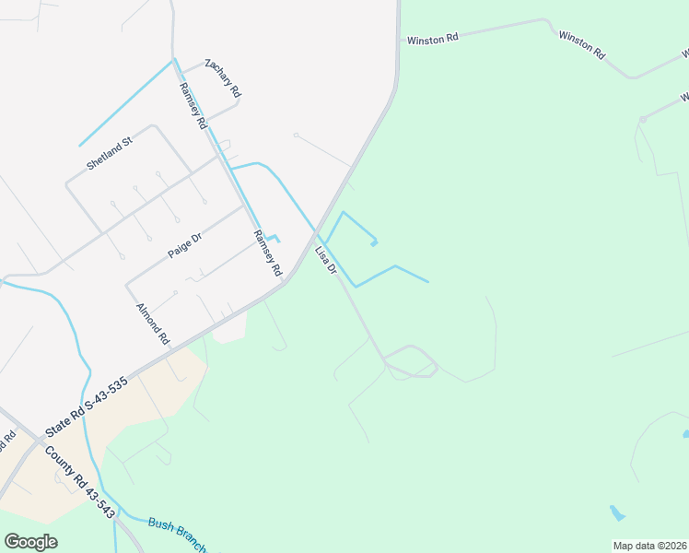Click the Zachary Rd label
223,77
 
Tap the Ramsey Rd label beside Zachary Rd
193,105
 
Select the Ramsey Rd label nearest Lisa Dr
266,253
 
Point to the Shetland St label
110,153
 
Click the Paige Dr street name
184,245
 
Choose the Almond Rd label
153,324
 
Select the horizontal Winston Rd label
432,40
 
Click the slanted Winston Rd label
581,44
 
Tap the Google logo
31,541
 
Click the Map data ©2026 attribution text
649,546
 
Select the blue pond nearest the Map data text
616,512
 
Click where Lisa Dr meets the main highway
315,231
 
